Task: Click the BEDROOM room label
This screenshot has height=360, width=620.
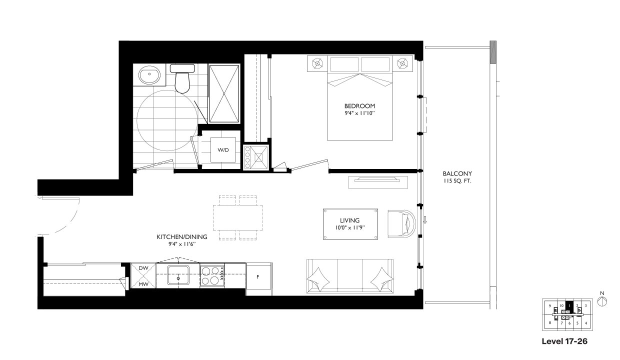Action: [359, 106]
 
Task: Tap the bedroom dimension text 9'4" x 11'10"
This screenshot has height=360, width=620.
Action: [359, 113]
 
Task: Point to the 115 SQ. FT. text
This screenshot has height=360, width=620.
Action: [456, 181]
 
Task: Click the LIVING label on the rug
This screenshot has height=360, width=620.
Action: [350, 220]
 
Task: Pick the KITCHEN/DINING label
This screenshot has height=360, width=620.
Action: [181, 236]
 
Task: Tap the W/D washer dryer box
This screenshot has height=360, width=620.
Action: [223, 149]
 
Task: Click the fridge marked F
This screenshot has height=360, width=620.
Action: [258, 276]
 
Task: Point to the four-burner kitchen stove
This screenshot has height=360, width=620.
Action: [212, 275]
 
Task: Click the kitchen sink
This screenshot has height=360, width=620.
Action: [177, 275]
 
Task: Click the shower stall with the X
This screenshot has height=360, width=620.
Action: [223, 93]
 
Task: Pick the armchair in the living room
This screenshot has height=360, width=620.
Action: [401, 223]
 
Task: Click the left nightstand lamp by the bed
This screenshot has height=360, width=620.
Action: [317, 63]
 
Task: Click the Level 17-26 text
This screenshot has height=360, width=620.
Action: [564, 342]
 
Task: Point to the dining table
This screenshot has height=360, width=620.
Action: [238, 218]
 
